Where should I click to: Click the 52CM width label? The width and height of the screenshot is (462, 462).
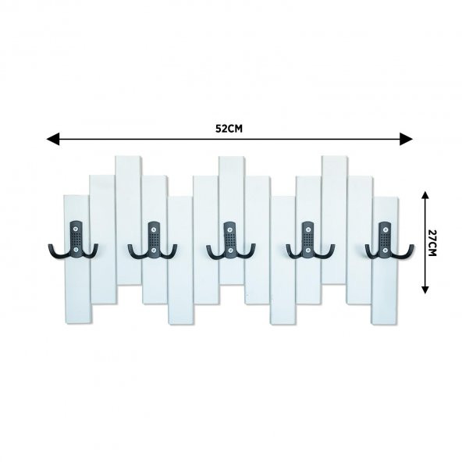tap(229, 129)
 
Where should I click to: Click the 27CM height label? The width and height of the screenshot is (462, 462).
tap(432, 243)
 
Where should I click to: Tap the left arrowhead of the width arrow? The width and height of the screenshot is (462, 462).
tap(53, 139)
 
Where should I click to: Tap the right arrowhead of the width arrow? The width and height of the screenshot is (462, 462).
tap(406, 139)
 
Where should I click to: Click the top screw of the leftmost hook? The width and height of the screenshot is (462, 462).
tap(76, 229)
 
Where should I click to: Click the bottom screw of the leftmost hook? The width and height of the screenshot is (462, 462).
tap(76, 250)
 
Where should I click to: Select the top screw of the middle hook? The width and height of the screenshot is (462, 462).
tap(230, 229)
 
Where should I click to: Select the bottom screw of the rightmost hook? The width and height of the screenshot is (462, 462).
tap(385, 251)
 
